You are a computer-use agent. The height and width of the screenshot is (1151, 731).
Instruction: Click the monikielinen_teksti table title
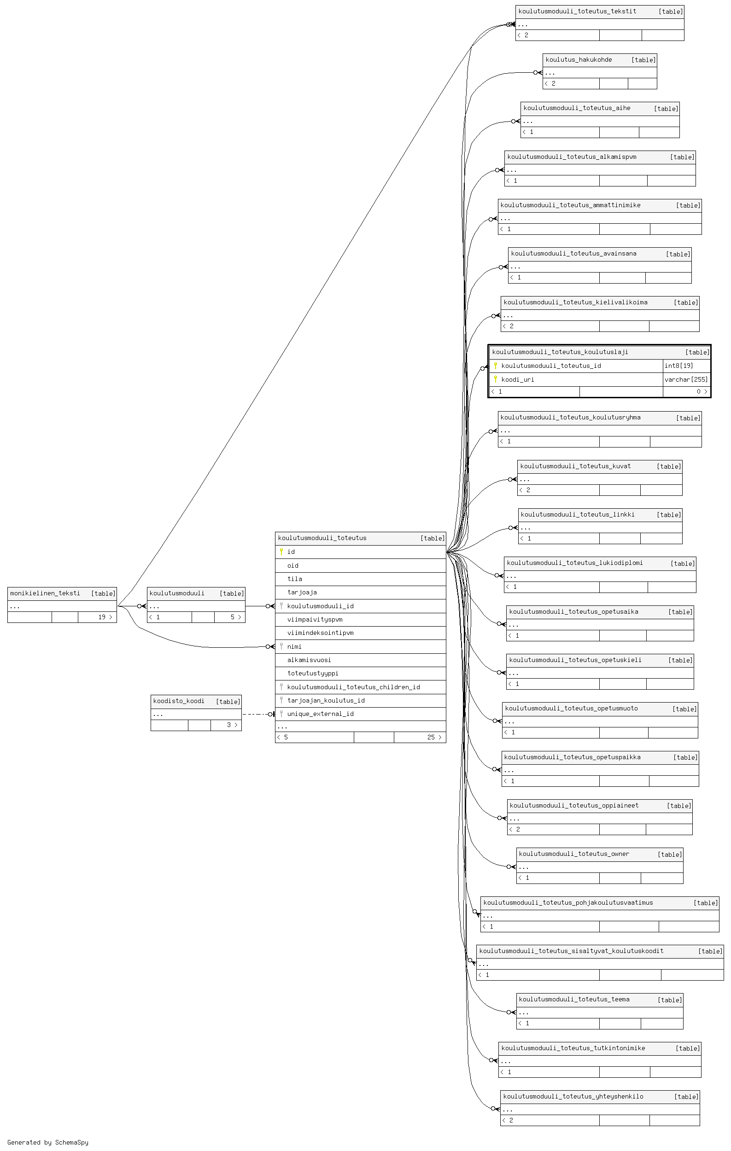(x=45, y=593)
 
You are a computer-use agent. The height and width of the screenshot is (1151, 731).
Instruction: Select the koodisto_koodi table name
(x=179, y=701)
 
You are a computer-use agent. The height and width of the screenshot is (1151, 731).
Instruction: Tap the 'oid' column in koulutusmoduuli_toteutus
(x=292, y=565)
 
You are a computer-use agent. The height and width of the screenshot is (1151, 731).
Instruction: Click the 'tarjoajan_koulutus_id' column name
(x=326, y=700)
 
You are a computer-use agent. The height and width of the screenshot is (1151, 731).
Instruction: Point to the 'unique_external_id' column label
(x=320, y=714)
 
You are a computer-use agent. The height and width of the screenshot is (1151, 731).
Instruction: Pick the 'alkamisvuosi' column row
(x=309, y=660)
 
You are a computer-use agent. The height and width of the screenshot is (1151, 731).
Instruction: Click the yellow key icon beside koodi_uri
(x=495, y=379)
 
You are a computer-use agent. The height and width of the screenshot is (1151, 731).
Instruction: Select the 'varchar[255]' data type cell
(x=686, y=379)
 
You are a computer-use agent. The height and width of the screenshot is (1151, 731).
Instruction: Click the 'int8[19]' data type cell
(x=678, y=366)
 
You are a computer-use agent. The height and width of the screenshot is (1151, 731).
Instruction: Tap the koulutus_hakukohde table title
(x=579, y=60)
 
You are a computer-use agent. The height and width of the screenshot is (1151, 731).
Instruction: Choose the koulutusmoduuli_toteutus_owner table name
(x=574, y=854)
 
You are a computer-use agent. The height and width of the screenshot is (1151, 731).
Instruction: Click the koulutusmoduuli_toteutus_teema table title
(x=574, y=999)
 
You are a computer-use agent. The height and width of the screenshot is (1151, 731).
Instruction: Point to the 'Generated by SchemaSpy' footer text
(x=48, y=1142)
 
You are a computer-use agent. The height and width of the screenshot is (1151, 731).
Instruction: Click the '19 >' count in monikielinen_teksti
(x=105, y=617)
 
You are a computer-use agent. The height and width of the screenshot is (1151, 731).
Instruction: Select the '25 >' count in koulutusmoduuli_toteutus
(x=434, y=737)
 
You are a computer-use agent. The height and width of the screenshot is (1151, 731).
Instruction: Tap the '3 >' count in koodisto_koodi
(x=232, y=725)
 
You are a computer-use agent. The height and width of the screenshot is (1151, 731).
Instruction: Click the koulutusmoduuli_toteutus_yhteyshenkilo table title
(x=573, y=1096)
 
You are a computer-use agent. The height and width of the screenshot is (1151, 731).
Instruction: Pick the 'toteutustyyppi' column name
(x=313, y=673)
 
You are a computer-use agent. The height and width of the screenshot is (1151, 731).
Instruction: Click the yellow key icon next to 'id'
(x=281, y=552)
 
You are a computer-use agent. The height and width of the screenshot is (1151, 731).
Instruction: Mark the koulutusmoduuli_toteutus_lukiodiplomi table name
(x=575, y=563)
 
